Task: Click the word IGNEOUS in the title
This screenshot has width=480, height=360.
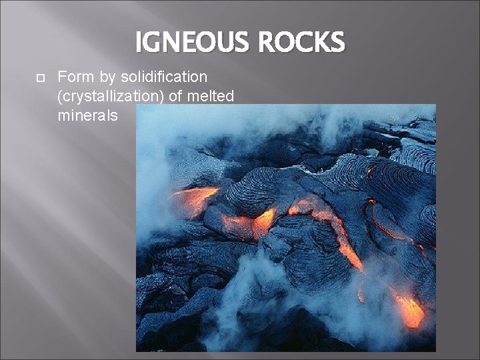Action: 189,43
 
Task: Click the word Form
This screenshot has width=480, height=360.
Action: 75,77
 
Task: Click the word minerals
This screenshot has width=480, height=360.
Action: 87,115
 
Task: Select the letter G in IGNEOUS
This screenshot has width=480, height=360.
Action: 155,43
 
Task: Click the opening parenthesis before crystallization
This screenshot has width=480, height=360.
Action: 61,97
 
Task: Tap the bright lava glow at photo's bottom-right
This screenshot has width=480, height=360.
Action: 409,309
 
